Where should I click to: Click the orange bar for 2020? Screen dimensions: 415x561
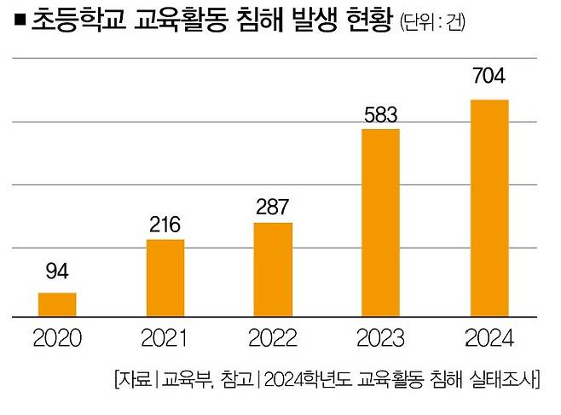(x=57, y=305)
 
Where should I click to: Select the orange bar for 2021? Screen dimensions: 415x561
(x=165, y=278)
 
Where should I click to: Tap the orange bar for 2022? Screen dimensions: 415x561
(x=273, y=270)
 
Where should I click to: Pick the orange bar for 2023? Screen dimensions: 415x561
(x=381, y=223)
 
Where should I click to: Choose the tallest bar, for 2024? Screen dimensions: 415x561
(x=489, y=208)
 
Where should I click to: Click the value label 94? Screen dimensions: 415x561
(x=57, y=272)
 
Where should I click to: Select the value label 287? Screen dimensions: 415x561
(x=273, y=207)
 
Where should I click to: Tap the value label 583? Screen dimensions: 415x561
(x=381, y=113)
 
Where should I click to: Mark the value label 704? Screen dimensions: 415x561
(x=489, y=77)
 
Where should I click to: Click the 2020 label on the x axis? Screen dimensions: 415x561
(x=57, y=340)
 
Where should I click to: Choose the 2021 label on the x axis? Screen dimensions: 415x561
(x=165, y=340)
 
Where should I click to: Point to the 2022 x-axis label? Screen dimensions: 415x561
(x=273, y=340)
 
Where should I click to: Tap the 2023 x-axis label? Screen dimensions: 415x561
(x=381, y=340)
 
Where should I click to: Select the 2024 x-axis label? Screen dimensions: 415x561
(x=489, y=340)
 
